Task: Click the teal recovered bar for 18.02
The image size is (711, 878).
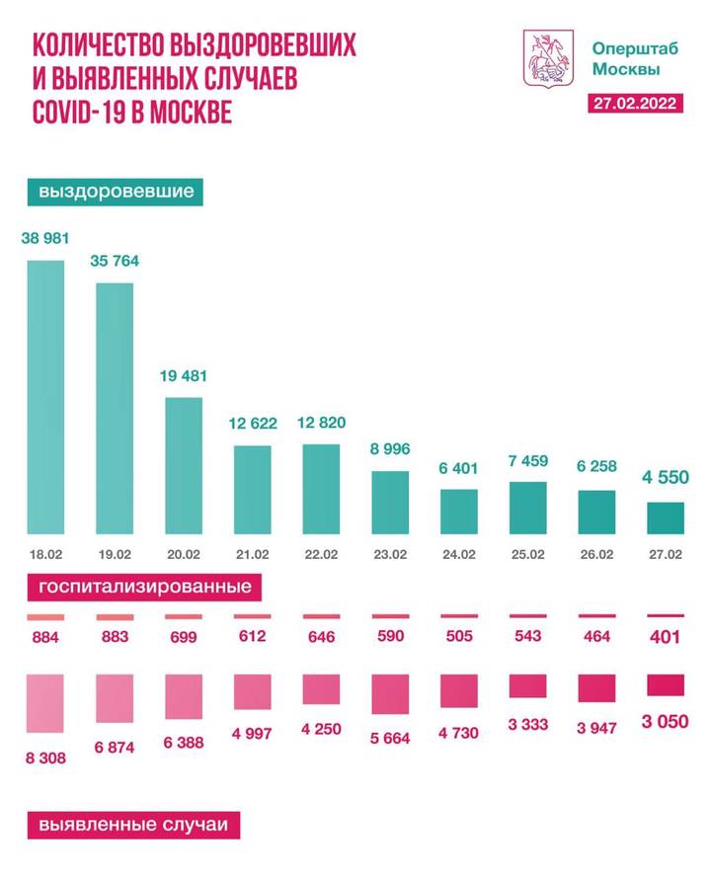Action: pos(45,396)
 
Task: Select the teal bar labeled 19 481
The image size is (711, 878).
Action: pos(183,465)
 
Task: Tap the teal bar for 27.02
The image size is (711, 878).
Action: pos(665,518)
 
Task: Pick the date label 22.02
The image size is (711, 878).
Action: pos(321,554)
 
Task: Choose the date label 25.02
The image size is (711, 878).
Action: pos(527,554)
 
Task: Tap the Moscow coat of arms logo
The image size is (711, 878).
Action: pos(546,56)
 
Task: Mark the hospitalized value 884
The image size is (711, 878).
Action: pos(45,637)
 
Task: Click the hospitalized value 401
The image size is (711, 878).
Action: pos(665,637)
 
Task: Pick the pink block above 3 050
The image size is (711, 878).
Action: pos(665,685)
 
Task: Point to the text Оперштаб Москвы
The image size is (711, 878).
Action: pos(626,57)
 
